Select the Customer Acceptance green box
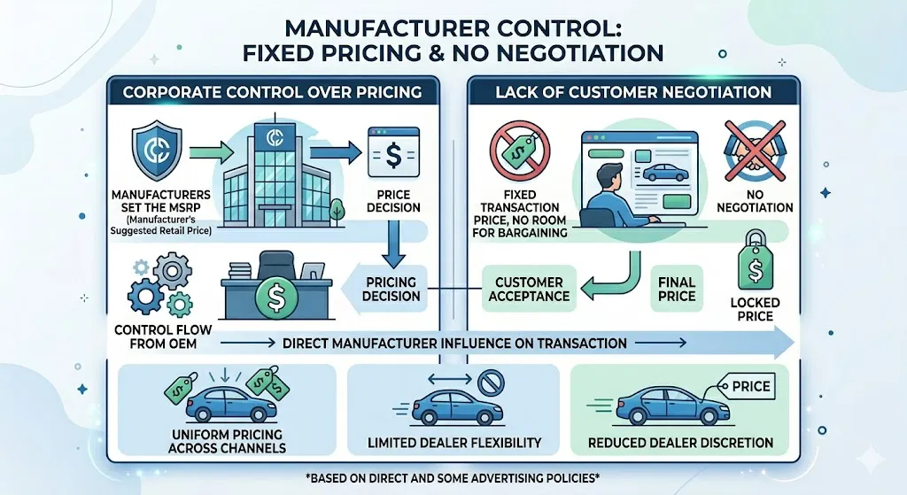[x=529, y=289]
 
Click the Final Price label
[x=677, y=289]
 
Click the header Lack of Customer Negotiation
[x=632, y=92]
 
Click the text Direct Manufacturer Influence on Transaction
[x=455, y=342]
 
